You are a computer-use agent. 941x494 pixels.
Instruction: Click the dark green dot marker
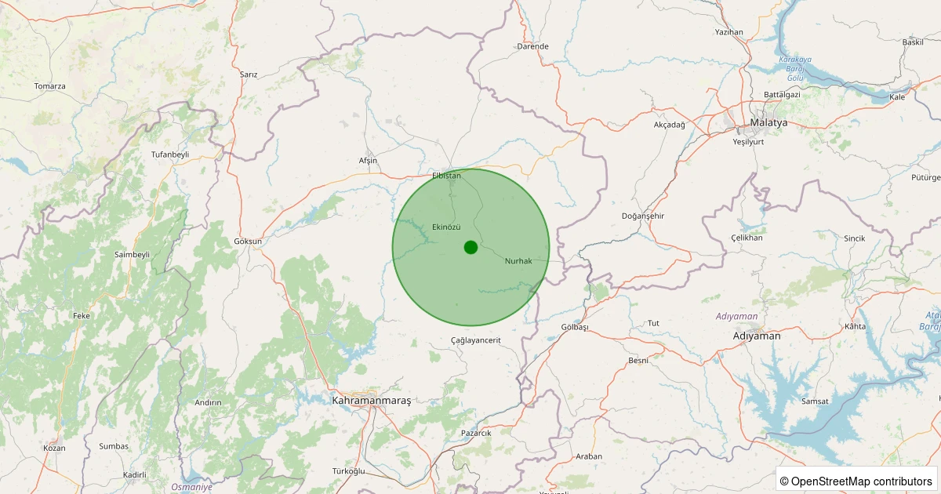(x=470, y=247)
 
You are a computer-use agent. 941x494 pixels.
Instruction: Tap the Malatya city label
(x=768, y=123)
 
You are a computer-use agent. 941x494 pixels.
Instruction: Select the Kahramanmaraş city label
(x=372, y=401)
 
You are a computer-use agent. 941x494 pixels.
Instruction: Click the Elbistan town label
(x=446, y=176)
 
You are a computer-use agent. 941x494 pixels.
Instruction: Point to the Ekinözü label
(x=446, y=227)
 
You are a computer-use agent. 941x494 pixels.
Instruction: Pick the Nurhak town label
(x=518, y=260)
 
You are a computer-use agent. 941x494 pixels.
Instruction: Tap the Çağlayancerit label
(x=476, y=340)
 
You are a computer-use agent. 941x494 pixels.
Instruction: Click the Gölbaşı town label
(x=575, y=326)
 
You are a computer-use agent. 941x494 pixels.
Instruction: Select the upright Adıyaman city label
(x=756, y=336)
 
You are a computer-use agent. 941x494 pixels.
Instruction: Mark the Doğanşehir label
(x=642, y=216)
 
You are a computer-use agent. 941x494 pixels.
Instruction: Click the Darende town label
(x=532, y=46)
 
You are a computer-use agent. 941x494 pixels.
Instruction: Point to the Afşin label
(x=368, y=161)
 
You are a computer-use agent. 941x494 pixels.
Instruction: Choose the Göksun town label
(x=248, y=242)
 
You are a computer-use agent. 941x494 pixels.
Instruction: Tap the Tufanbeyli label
(x=170, y=154)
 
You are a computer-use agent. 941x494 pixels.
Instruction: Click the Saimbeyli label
(x=132, y=255)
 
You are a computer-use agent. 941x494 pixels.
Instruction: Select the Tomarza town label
(x=49, y=86)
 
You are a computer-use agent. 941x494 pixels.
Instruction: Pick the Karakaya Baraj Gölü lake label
(x=796, y=69)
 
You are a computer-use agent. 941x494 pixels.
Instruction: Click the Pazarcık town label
(x=476, y=433)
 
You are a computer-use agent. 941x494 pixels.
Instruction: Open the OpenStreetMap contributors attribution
(x=856, y=481)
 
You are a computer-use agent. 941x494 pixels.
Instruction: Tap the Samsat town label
(x=815, y=401)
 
